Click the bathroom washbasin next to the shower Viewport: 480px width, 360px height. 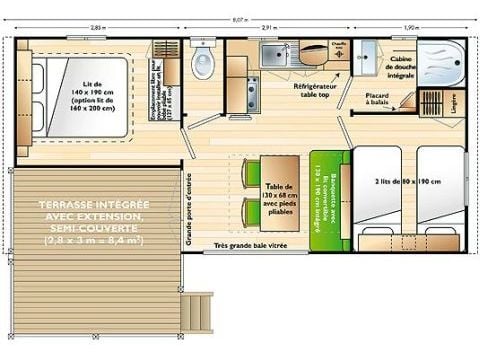point(367,54)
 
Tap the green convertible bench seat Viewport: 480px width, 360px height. point(326,195)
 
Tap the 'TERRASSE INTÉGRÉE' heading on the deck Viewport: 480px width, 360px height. point(89,204)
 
